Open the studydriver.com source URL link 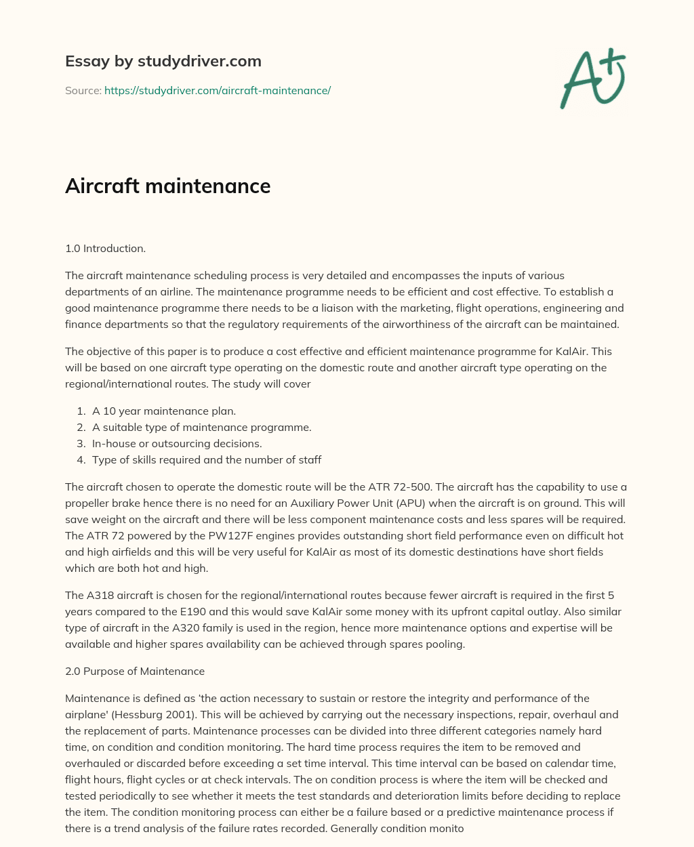(217, 90)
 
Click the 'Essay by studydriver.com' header (163, 61)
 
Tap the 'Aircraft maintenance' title (167, 186)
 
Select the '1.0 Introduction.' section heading (105, 248)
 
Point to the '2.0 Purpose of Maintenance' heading (135, 671)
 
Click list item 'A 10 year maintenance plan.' (164, 411)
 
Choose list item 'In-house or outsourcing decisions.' (177, 443)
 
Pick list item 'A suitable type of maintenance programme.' (202, 427)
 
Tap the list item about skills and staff (207, 459)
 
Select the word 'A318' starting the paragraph (98, 595)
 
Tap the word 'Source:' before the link (83, 90)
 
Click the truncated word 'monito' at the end (445, 828)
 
